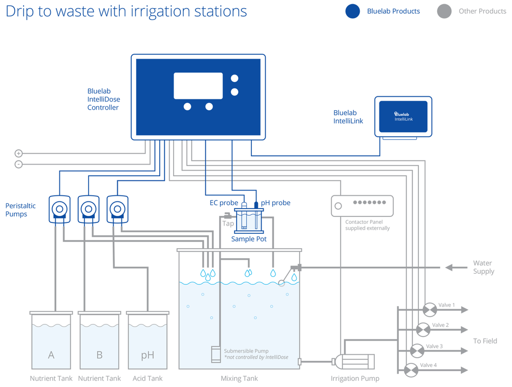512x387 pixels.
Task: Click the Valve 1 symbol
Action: pyautogui.click(x=429, y=310)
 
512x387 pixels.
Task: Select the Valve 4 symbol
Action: pyautogui.click(x=411, y=370)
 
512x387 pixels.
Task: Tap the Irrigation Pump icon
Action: pyautogui.click(x=354, y=361)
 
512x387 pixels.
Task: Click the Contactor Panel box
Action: pyautogui.click(x=362, y=206)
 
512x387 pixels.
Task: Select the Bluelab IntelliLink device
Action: pyautogui.click(x=403, y=117)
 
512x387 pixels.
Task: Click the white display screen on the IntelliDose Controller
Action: pyautogui.click(x=198, y=86)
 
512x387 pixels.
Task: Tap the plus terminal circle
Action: pyautogui.click(x=18, y=153)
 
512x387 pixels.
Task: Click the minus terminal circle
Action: pyautogui.click(x=18, y=164)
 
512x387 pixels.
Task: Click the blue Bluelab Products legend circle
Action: pyautogui.click(x=353, y=11)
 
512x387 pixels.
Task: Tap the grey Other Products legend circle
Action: pyautogui.click(x=444, y=11)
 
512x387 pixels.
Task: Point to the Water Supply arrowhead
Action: pyautogui.click(x=449, y=268)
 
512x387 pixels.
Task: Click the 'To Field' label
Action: pyautogui.click(x=484, y=341)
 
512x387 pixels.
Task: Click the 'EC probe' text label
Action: pyautogui.click(x=224, y=203)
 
